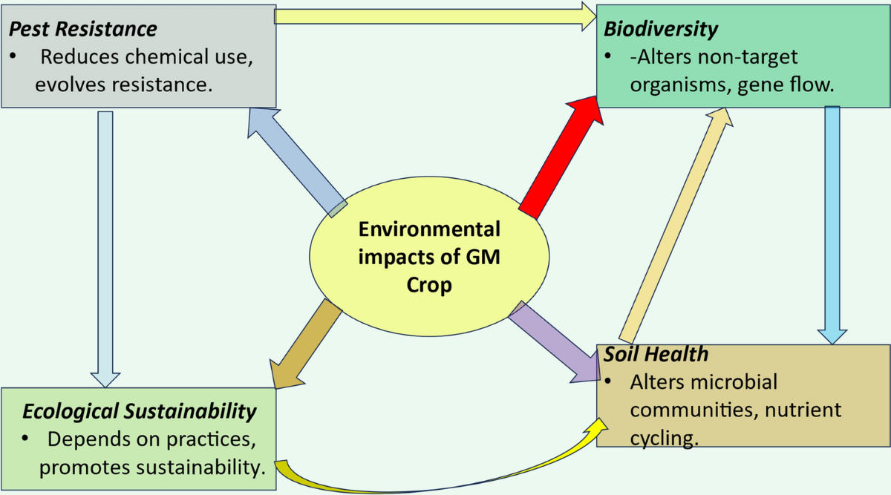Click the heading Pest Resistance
[x=83, y=29]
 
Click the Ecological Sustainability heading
[x=140, y=410]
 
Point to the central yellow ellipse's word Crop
[x=429, y=285]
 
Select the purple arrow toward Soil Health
[x=554, y=341]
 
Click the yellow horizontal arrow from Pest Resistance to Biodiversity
[x=434, y=14]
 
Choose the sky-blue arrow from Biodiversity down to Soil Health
[x=832, y=223]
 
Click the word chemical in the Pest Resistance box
[x=166, y=56]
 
